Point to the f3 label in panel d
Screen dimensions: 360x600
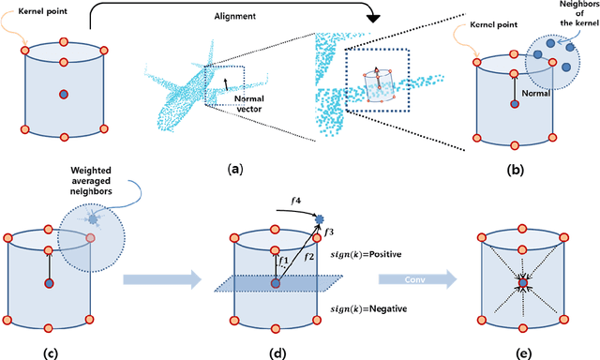click(327, 230)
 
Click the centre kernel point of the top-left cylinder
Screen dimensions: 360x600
click(64, 94)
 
